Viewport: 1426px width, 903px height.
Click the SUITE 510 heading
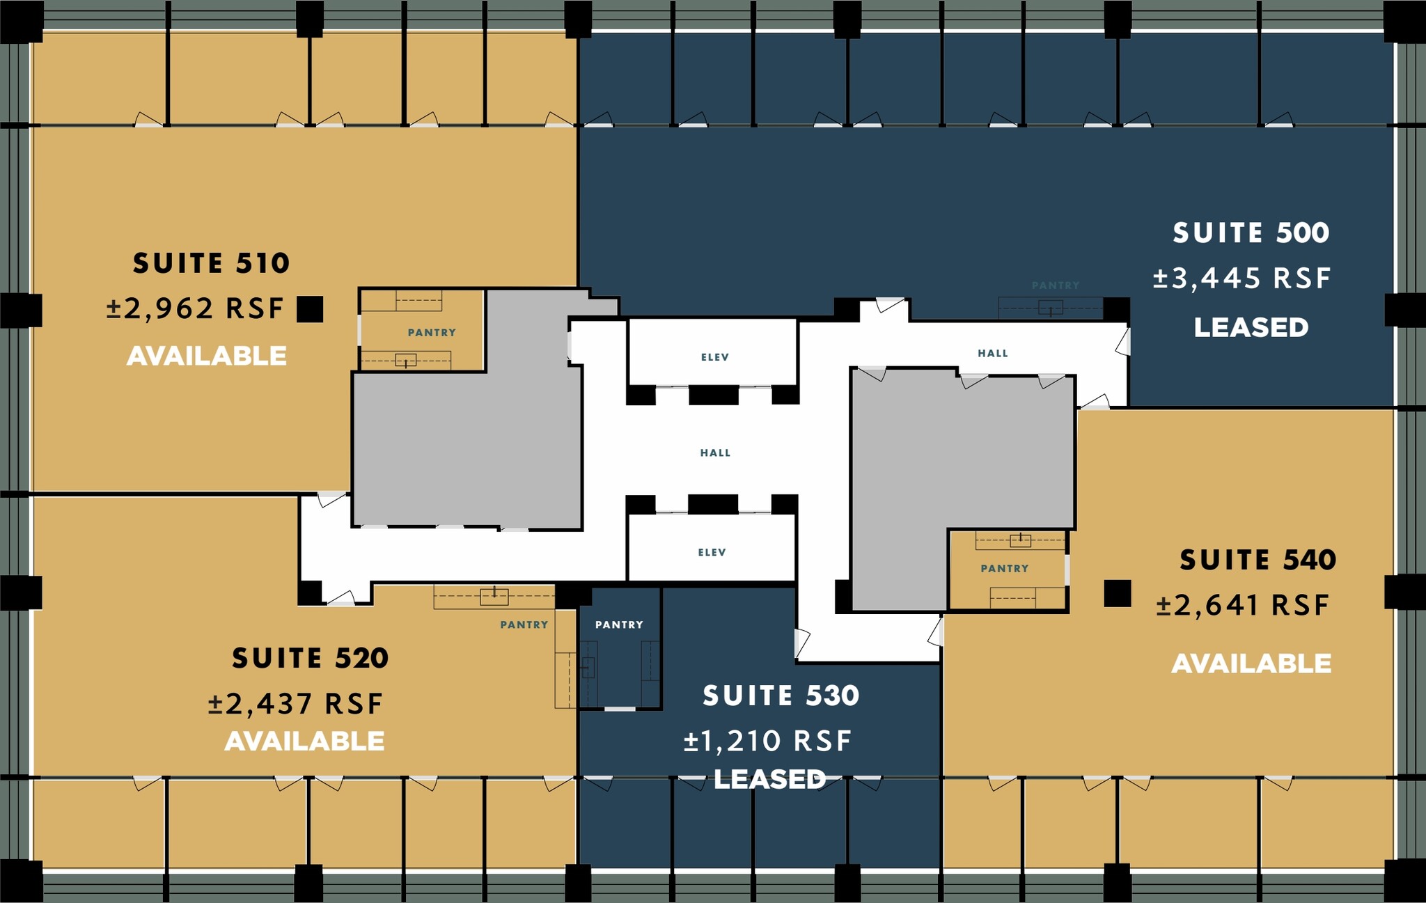211,263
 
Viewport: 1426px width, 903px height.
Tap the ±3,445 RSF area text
1241,278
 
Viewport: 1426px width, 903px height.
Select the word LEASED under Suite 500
1251,327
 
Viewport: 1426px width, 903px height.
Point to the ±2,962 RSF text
195,308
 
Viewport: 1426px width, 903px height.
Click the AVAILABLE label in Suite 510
207,356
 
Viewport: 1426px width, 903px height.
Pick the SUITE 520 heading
310,658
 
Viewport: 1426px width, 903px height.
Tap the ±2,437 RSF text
295,704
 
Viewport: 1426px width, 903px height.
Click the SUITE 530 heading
781,696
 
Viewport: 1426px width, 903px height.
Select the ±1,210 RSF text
767,741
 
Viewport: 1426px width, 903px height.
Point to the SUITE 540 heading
1257,560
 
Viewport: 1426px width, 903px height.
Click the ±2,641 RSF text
1243,605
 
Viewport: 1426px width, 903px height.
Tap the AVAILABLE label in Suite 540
1251,663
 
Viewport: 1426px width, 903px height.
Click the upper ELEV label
714,357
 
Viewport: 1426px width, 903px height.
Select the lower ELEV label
712,552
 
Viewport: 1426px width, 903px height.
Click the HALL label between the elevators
715,453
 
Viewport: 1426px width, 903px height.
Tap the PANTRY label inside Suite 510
432,333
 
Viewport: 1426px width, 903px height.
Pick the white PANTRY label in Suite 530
619,625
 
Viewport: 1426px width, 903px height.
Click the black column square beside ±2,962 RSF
310,309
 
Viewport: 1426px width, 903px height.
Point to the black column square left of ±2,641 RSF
1117,593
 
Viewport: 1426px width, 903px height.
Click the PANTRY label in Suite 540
1004,568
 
